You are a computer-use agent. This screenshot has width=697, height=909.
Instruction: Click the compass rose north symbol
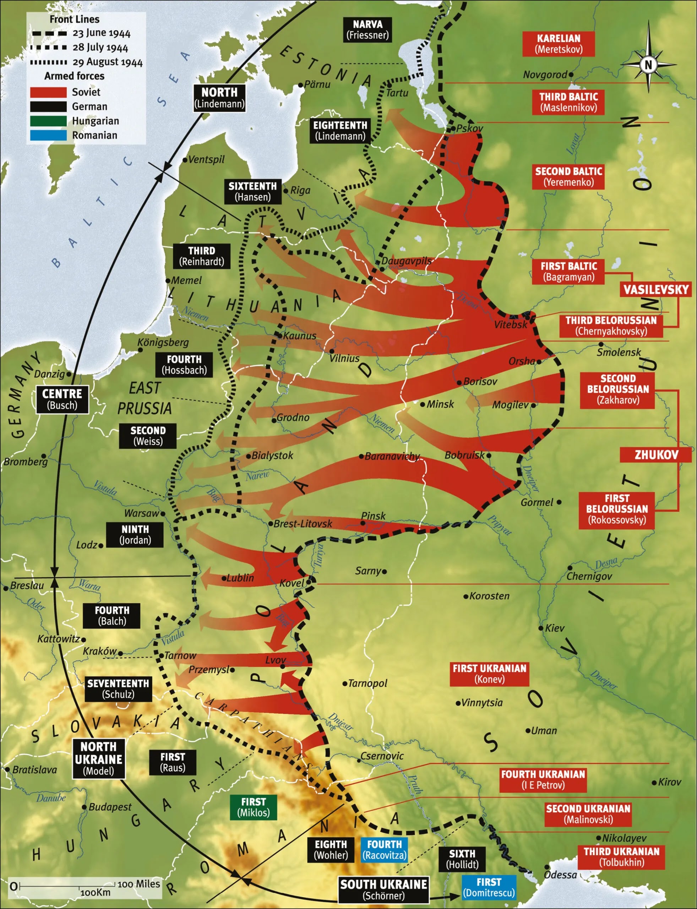[x=648, y=64]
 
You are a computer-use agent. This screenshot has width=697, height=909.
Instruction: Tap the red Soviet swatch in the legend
[x=48, y=92]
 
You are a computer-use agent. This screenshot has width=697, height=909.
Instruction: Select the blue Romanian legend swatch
[x=48, y=135]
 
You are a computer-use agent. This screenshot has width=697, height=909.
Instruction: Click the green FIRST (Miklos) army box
[x=253, y=807]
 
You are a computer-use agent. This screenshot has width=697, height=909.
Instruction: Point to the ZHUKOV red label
[x=656, y=455]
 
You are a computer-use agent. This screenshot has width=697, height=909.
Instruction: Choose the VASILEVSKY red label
[x=656, y=289]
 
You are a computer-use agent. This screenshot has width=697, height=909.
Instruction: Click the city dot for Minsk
[x=423, y=404]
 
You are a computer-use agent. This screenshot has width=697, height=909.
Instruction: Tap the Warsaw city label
[x=141, y=513]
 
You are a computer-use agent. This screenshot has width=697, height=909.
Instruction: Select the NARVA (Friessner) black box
[x=367, y=29]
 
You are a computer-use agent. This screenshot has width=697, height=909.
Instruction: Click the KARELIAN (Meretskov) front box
[x=559, y=44]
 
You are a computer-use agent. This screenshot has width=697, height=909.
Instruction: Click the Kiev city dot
[x=541, y=628]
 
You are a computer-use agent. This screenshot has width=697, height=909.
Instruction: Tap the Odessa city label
[x=560, y=875]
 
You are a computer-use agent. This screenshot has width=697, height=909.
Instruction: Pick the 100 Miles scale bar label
[x=138, y=884]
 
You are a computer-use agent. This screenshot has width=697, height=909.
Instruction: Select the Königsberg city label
[x=163, y=342]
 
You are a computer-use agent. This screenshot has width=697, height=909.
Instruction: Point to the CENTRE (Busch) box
[x=62, y=399]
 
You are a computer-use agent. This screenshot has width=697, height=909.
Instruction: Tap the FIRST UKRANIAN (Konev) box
[x=489, y=674]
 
